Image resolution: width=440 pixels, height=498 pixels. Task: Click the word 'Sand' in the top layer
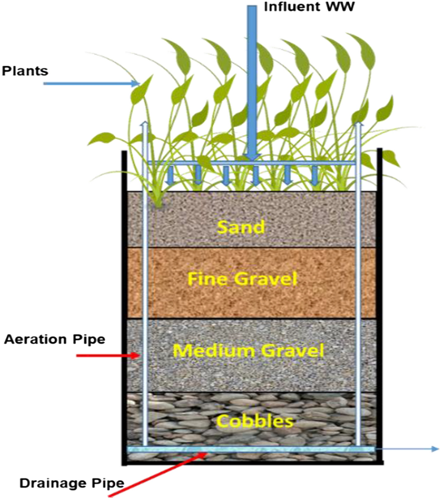(241, 226)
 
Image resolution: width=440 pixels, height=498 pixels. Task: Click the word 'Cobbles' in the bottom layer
(254, 421)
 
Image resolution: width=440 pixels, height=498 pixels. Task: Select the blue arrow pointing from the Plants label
(91, 83)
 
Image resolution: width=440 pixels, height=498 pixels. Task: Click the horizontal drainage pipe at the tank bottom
(250, 449)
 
